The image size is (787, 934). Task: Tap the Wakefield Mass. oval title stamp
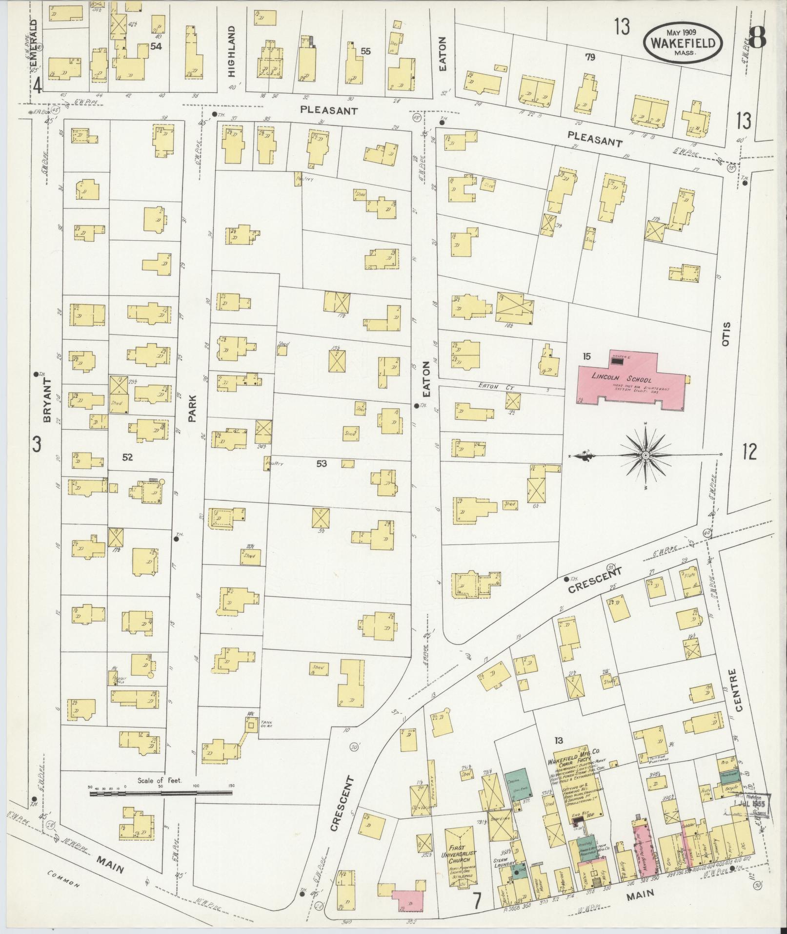tap(683, 43)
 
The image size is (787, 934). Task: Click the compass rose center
tap(645, 456)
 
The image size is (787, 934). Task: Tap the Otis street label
tap(726, 333)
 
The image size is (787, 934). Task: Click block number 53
tap(321, 463)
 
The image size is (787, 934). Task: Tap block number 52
tap(128, 457)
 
